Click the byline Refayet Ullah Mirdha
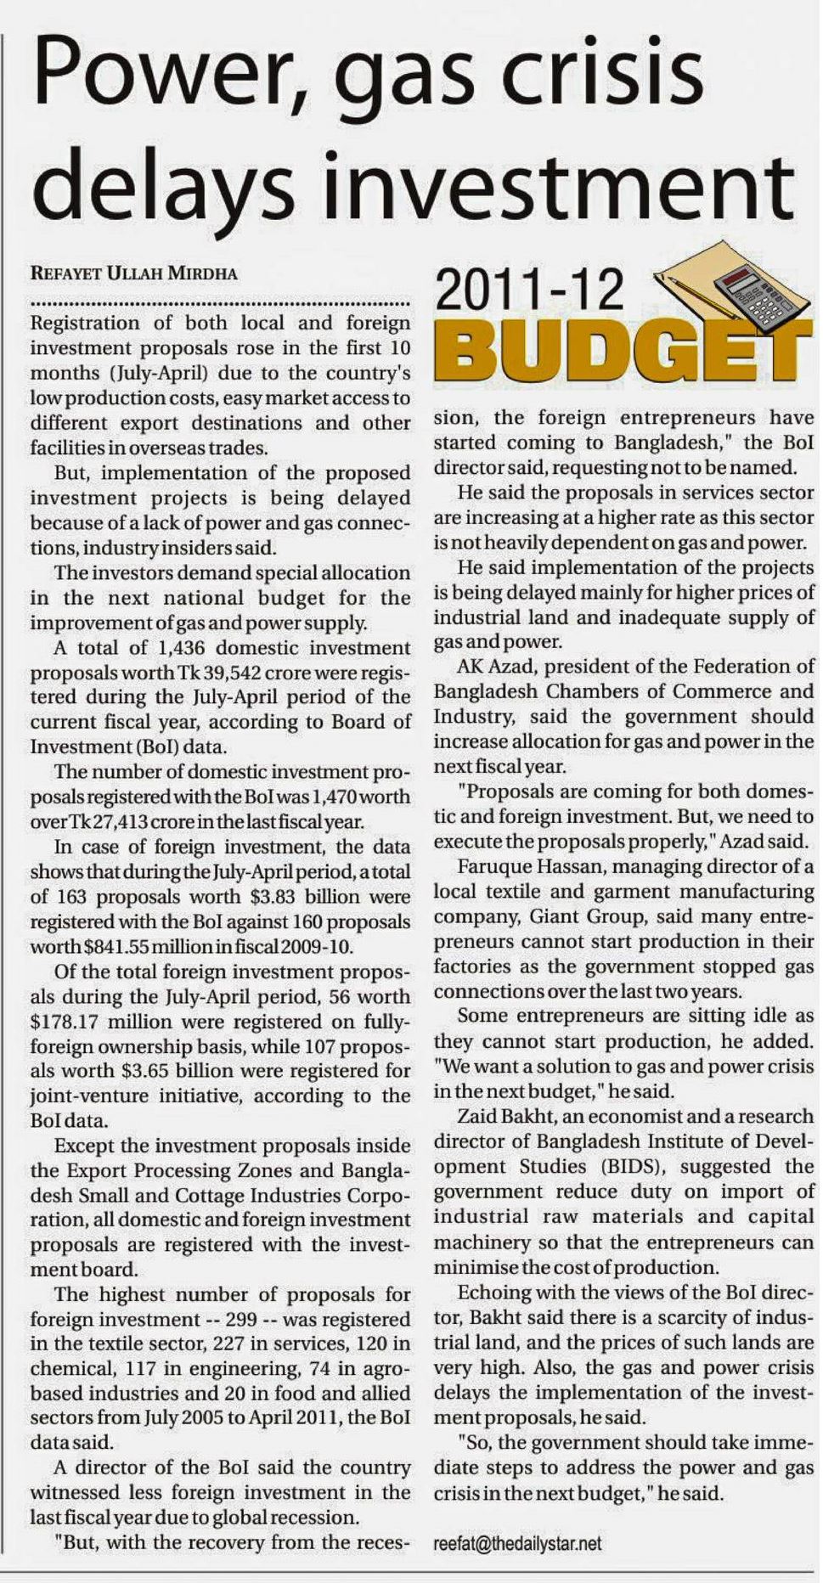pyautogui.click(x=133, y=273)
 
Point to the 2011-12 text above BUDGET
pyautogui.click(x=529, y=292)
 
